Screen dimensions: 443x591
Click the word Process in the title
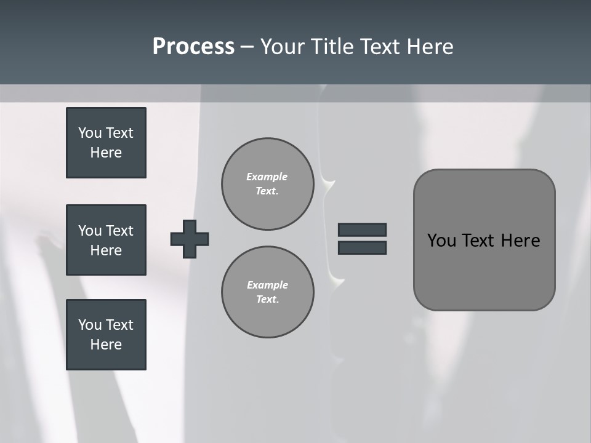193,47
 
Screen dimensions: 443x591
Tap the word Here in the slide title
429,47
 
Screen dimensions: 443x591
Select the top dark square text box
106,143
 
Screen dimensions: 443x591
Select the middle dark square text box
106,240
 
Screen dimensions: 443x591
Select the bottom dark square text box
106,335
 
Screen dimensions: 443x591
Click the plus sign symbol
190,239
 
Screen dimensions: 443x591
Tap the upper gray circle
268,184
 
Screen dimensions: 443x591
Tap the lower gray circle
268,292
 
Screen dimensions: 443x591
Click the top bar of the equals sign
362,229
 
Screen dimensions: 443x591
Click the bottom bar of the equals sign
362,247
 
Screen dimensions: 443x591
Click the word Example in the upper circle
267,177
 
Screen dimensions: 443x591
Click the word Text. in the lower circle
267,299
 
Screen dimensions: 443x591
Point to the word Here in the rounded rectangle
520,241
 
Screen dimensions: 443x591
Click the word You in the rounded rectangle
441,241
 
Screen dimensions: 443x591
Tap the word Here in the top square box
106,153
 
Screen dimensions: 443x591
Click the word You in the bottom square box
90,325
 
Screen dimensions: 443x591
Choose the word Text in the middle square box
119,231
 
